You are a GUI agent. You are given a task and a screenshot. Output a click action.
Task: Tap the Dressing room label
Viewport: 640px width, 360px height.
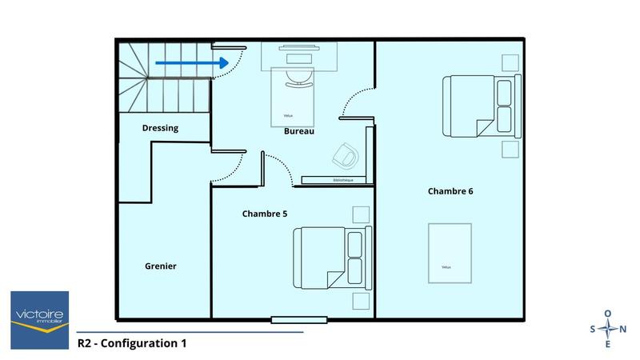(160, 128)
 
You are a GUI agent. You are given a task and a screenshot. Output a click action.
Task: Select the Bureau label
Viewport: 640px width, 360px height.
(298, 131)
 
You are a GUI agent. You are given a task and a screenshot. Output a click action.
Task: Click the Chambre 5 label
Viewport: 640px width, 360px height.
(264, 214)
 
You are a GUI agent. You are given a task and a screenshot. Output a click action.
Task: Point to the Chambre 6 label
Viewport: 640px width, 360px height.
(450, 191)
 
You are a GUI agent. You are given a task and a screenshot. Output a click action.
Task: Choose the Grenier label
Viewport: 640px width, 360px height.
(160, 266)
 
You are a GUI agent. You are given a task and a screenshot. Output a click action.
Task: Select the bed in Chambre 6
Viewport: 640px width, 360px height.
(479, 105)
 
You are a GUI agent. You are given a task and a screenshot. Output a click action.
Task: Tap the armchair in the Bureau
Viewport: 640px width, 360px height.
(346, 154)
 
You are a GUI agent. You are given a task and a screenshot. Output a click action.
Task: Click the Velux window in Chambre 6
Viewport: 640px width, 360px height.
(449, 252)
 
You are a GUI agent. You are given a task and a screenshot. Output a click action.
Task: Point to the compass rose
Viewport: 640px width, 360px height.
(608, 329)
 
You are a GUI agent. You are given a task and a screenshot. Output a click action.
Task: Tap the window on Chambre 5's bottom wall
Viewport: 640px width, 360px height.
(298, 320)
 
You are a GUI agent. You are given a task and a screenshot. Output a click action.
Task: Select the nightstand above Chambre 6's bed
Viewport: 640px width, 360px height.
(509, 62)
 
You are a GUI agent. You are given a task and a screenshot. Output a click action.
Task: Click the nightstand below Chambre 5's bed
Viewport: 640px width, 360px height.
(361, 301)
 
